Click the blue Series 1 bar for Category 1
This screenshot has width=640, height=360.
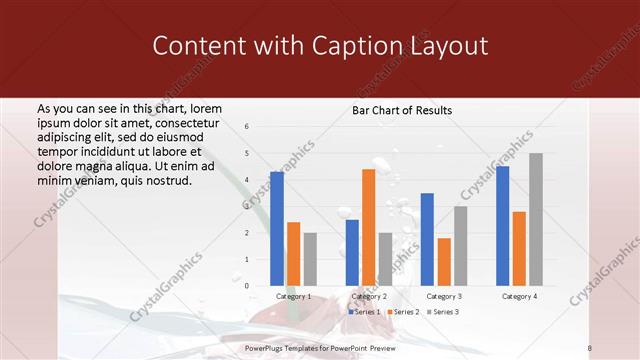coord(277,229)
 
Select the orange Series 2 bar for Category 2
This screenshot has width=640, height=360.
coord(368,227)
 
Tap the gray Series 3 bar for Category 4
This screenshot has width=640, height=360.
coord(536,219)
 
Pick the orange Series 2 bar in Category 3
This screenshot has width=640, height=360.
coord(444,262)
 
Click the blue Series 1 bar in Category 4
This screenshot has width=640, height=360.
coord(503,226)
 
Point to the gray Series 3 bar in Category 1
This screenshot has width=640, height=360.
coord(310,259)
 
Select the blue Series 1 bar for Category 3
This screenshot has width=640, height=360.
coord(427,239)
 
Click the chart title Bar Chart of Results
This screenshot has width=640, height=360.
coord(402,110)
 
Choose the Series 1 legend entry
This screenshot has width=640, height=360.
coord(364,312)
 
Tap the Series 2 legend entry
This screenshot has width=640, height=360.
coord(403,312)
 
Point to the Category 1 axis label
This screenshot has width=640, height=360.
coord(293,296)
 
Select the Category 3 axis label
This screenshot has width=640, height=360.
coord(444,296)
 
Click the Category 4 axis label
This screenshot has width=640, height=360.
coord(519,296)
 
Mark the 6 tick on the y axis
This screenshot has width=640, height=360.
coord(247,127)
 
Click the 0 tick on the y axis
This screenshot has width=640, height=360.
coord(247,286)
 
